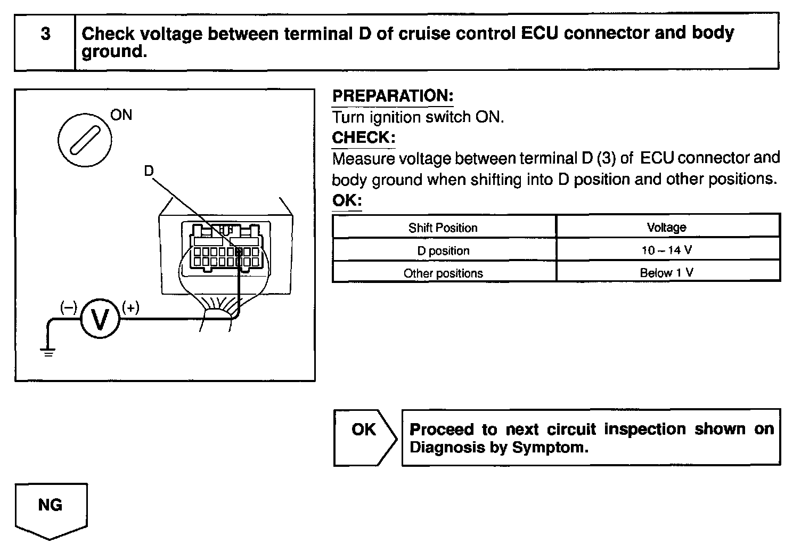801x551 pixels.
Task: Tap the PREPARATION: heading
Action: click(x=393, y=96)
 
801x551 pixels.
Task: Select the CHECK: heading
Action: click(x=364, y=138)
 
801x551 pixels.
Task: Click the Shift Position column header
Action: click(x=443, y=228)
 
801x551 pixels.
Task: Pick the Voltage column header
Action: click(x=666, y=228)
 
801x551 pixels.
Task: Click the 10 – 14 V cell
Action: click(x=666, y=250)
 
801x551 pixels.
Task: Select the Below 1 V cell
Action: click(x=666, y=273)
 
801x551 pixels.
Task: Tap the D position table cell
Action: click(x=443, y=250)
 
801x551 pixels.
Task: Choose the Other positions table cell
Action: click(x=443, y=273)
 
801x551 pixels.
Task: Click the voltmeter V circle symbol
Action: click(x=100, y=319)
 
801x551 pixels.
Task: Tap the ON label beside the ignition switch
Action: click(x=121, y=115)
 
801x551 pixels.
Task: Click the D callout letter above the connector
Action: click(x=149, y=171)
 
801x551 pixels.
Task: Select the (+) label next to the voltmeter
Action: click(x=130, y=307)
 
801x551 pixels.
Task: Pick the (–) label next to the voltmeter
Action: click(x=68, y=307)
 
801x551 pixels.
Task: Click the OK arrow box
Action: click(x=364, y=437)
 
